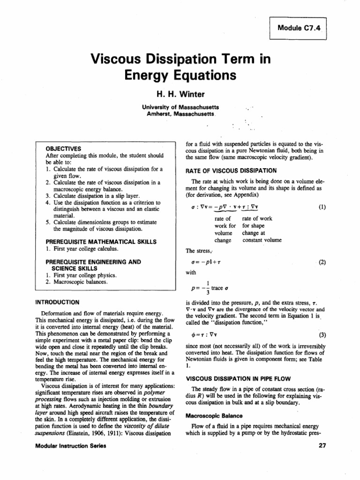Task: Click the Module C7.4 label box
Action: pyautogui.click(x=298, y=28)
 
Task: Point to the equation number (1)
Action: pyautogui.click(x=321, y=206)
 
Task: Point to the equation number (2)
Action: pyautogui.click(x=321, y=262)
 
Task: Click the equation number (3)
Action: pyautogui.click(x=321, y=336)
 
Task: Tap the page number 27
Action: pyautogui.click(x=321, y=446)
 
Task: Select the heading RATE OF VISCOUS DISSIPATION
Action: pyautogui.click(x=231, y=170)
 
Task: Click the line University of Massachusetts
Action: pyautogui.click(x=180, y=107)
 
